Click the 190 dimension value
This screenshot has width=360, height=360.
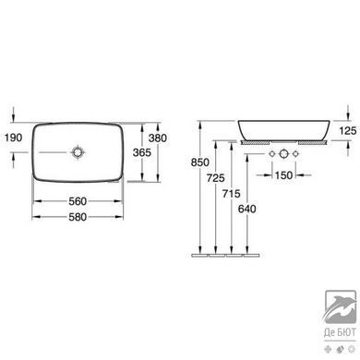pyautogui.click(x=14, y=138)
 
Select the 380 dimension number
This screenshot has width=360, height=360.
pyautogui.click(x=158, y=138)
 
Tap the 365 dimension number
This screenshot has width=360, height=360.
pyautogui.click(x=142, y=152)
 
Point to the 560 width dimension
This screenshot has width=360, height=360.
pyautogui.click(x=78, y=201)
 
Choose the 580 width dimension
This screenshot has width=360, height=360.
pyautogui.click(x=78, y=217)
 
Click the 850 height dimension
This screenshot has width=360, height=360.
pyautogui.click(x=200, y=162)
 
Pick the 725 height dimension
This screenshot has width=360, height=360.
pyautogui.click(x=216, y=178)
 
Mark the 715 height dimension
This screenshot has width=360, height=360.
pyautogui.click(x=232, y=194)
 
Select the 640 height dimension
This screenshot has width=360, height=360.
pyautogui.click(x=247, y=209)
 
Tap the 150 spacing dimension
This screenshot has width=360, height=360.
pyautogui.click(x=283, y=175)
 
